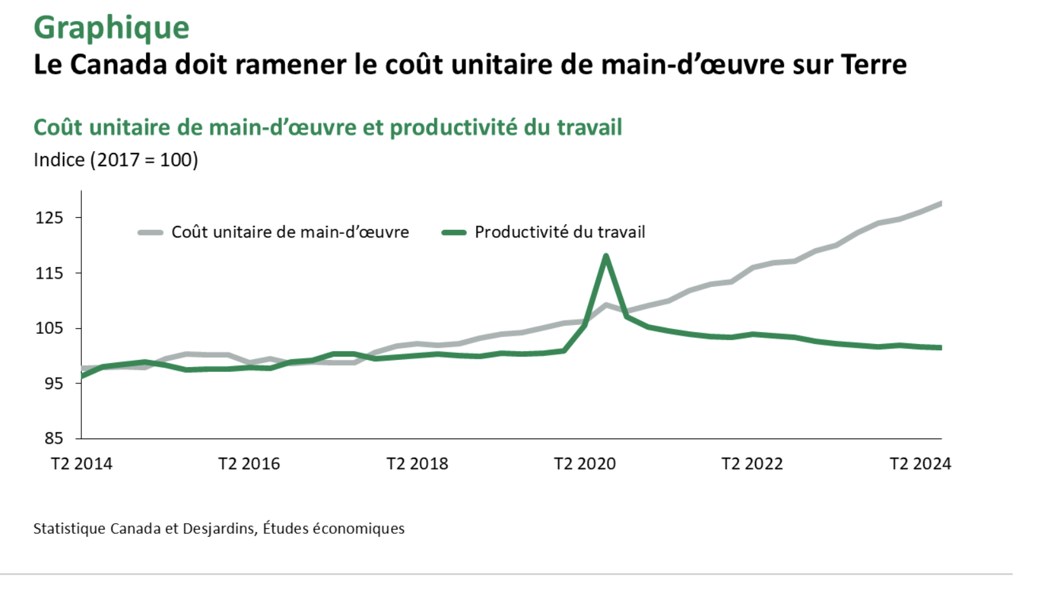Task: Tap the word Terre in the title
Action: point(873,65)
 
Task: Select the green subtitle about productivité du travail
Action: point(328,128)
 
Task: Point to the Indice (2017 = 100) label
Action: point(116,160)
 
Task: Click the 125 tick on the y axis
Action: point(50,218)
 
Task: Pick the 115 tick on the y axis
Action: point(50,273)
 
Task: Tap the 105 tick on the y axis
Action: point(50,328)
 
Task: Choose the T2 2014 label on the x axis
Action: point(81,464)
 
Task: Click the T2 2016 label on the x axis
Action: point(249,464)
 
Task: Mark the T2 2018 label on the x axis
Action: point(417,464)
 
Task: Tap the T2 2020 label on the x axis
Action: point(585,464)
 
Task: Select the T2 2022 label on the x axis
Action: point(752,464)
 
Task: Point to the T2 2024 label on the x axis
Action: point(920,464)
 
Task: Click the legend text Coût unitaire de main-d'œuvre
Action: point(290,232)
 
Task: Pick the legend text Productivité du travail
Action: point(559,232)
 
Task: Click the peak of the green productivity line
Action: point(606,256)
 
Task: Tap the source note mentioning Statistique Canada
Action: point(218,529)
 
